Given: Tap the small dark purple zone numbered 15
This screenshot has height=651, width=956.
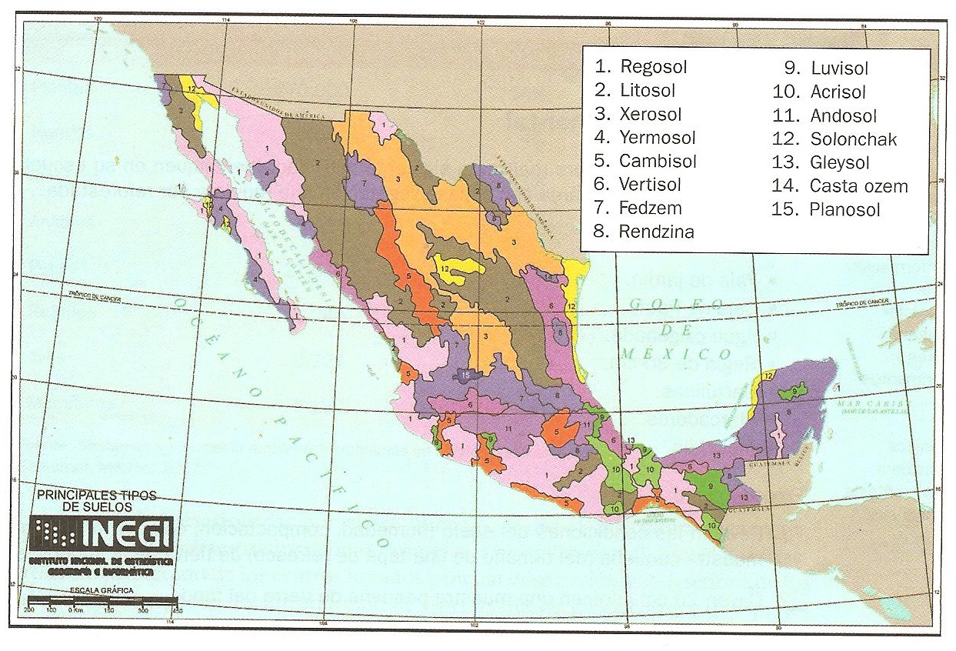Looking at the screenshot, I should [x=467, y=375].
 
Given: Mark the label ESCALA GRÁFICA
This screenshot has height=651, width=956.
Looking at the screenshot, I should [x=100, y=589].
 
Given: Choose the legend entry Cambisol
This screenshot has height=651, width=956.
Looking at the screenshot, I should [x=658, y=162].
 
